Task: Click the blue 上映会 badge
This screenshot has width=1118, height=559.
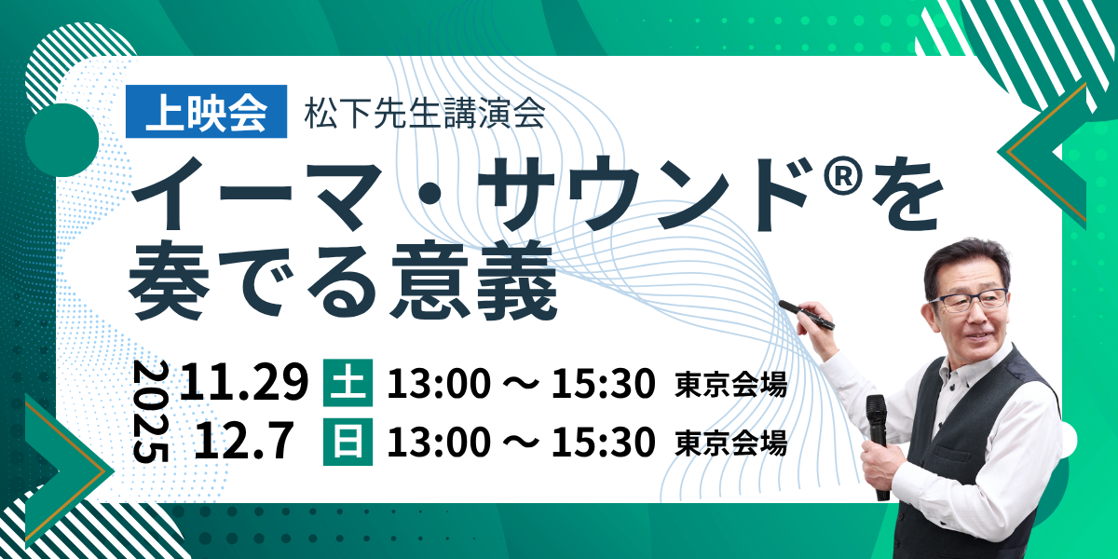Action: coord(206,111)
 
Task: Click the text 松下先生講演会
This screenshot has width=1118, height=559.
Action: coord(425,114)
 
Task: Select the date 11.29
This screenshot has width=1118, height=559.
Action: coord(244,382)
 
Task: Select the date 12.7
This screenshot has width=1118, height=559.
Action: coord(243,440)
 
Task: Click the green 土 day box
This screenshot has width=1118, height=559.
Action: coord(348,383)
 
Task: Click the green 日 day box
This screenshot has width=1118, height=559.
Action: coord(348,442)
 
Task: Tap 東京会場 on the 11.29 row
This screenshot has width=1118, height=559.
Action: coord(731,384)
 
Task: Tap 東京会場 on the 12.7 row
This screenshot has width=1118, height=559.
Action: coord(731,443)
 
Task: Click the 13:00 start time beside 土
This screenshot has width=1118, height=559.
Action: coord(439,383)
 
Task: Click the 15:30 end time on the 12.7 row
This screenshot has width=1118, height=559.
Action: coord(603,442)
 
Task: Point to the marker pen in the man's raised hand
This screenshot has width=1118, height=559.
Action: coord(806,315)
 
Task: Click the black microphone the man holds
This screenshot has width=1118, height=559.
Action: coord(878,444)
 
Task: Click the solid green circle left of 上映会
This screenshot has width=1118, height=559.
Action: coord(61,141)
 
